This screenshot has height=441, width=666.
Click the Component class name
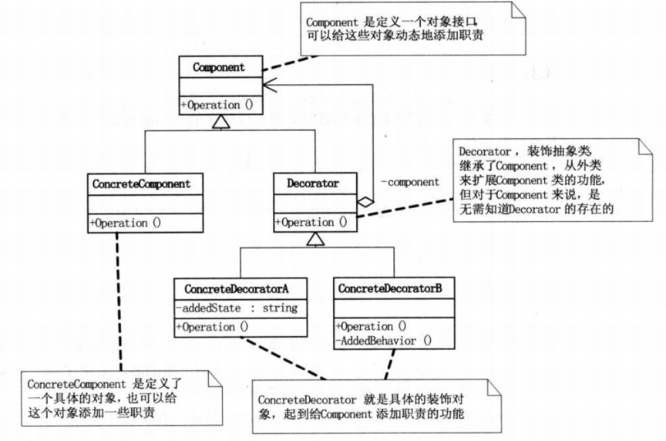pos(219,67)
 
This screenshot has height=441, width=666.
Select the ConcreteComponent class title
pos(141,184)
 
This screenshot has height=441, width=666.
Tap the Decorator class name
pos(313,183)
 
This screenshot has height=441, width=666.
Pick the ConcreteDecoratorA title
pos(237,289)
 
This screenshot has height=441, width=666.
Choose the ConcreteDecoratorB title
pos(390,288)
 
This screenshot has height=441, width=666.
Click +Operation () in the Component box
pos(217,105)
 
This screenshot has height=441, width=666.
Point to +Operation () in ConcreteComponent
pos(126,223)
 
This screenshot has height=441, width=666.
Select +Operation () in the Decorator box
pos(311,222)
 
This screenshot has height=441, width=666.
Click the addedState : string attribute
pos(237,308)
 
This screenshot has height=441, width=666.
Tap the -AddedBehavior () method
pos(384,341)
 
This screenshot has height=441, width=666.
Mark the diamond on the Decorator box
pos(365,202)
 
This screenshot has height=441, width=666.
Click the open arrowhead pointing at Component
pos(270,84)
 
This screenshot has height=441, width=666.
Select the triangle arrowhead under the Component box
pos(221,122)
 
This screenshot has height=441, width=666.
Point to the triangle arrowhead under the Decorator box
pos(315,239)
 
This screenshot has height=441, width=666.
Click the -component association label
pos(410,182)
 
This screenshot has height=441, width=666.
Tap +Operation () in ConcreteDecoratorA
pos(212,327)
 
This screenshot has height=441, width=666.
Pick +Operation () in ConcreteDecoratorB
pos(372,326)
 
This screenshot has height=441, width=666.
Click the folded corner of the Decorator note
pos(645,146)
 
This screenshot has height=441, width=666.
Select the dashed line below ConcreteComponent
pos(119,301)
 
